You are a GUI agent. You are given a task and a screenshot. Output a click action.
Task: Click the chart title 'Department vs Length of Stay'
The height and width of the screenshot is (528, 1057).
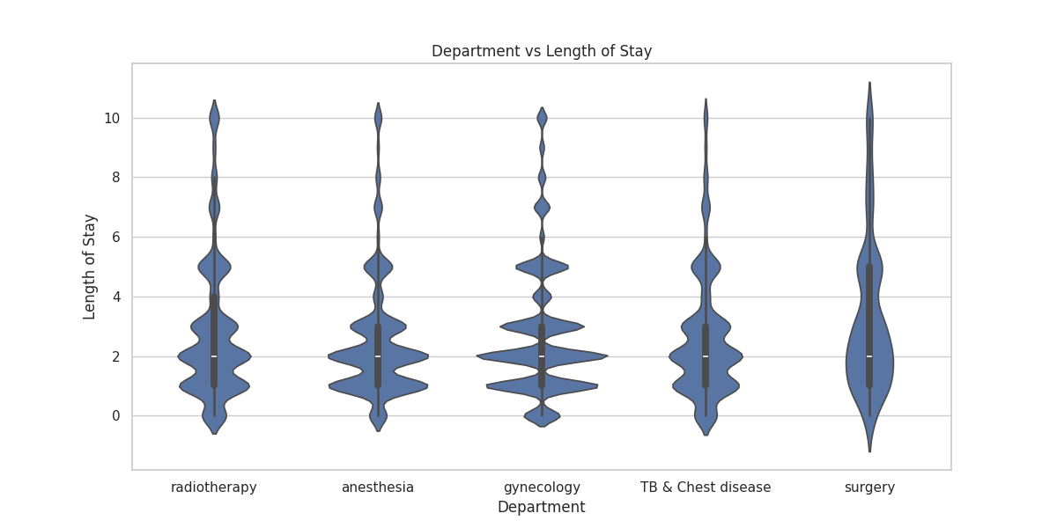coord(541,51)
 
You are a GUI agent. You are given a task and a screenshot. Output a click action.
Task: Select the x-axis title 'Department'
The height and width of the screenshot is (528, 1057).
coord(541,507)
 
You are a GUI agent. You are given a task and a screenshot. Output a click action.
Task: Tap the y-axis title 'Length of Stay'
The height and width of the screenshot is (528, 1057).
coord(90,267)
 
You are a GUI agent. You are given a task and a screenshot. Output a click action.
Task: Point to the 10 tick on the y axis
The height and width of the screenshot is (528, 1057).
coord(112,118)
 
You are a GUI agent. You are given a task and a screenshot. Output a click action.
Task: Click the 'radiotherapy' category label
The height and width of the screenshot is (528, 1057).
coord(214,488)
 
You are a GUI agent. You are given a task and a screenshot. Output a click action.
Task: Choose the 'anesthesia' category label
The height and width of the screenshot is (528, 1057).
coord(378,488)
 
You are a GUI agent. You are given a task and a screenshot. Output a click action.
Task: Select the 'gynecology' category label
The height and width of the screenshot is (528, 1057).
coord(542,488)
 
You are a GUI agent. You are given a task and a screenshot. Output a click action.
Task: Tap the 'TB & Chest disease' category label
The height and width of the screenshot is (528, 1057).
coord(706,488)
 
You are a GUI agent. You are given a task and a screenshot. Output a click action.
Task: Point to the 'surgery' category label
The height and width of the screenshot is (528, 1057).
coord(869,488)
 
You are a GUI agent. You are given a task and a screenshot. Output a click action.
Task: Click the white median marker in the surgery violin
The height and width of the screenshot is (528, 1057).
coord(869,356)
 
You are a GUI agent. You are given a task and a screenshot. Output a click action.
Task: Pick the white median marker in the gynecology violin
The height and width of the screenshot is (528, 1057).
coord(542,356)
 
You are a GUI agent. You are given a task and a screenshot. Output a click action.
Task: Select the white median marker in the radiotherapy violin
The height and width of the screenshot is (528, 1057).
coord(214,356)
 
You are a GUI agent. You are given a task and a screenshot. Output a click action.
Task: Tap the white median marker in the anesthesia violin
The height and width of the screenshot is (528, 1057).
coord(378,356)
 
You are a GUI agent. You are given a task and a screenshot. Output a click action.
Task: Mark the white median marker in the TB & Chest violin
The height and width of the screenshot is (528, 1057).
coord(706,356)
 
